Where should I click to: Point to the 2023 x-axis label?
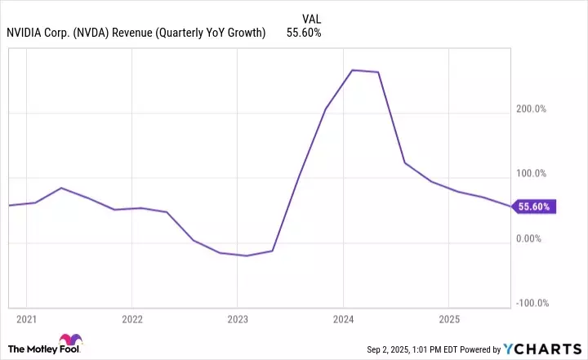pyautogui.click(x=238, y=317)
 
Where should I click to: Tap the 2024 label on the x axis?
pyautogui.click(x=344, y=317)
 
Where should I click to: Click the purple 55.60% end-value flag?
pyautogui.click(x=536, y=207)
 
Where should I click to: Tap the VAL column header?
pyautogui.click(x=311, y=18)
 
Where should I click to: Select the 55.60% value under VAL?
pyautogui.click(x=304, y=33)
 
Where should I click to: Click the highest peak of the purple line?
pyautogui.click(x=352, y=70)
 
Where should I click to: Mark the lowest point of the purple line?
pyautogui.click(x=247, y=256)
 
